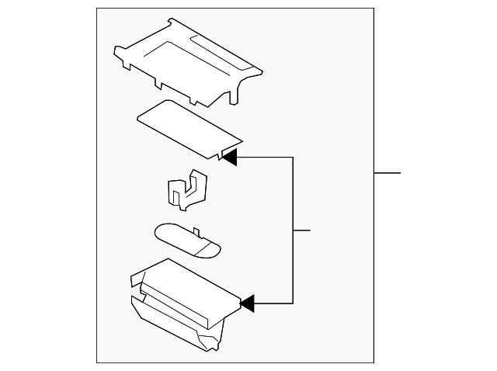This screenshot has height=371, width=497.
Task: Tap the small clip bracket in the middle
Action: tap(186, 191)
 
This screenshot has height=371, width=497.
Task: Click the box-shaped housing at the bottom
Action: tap(182, 303)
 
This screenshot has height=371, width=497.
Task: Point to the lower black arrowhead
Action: tap(247, 303)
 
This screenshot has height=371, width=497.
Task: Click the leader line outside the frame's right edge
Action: tap(387, 172)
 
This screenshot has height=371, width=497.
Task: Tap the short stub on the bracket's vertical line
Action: tap(301, 231)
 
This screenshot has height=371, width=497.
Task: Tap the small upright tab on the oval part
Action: tap(196, 231)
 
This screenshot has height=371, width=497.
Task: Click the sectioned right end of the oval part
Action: tap(208, 249)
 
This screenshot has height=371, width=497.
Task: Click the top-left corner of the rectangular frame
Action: tap(97, 9)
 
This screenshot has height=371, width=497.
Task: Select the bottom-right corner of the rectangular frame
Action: tap(374, 362)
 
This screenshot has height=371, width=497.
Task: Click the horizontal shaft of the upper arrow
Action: tap(264, 157)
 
